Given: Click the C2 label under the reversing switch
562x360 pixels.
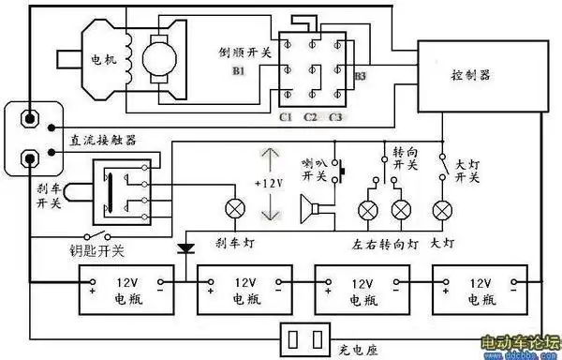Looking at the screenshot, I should coord(311,117).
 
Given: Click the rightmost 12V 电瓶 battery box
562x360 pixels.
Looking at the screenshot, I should coord(477,289).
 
